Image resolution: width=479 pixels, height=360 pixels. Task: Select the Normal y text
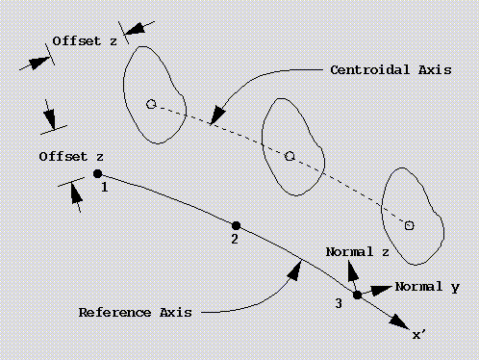click(x=427, y=287)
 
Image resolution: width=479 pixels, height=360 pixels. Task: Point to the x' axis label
click(x=419, y=335)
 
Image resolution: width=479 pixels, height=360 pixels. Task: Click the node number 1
click(x=104, y=188)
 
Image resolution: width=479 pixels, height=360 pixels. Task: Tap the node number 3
click(x=338, y=304)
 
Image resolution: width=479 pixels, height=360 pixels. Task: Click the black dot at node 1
click(x=98, y=173)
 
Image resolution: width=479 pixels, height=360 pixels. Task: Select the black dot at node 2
click(x=237, y=225)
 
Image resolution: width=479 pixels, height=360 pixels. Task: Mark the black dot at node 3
click(x=357, y=295)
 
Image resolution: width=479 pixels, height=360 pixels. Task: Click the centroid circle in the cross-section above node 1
click(x=151, y=103)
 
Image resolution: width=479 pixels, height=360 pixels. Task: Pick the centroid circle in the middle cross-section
click(x=290, y=154)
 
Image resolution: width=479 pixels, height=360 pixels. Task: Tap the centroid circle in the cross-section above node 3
click(x=409, y=225)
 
